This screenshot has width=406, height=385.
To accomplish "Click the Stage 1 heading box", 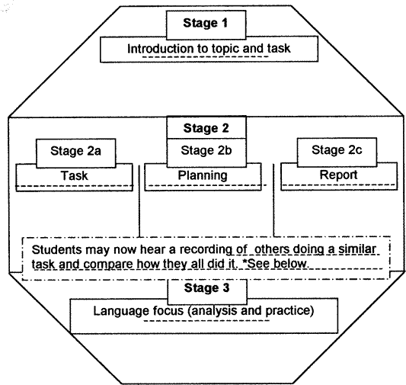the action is coord(206,25).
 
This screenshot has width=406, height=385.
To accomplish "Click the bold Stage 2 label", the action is coord(206,128).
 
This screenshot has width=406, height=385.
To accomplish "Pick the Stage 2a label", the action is coord(75,151).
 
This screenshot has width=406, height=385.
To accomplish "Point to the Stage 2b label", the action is coord(206,150).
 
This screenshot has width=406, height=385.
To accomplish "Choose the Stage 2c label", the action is coord(337,149).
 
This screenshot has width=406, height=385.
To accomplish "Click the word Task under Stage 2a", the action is coord(75,175).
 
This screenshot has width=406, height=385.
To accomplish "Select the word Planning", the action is coord(203,175).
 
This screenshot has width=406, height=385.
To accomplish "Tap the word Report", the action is coord(338,175).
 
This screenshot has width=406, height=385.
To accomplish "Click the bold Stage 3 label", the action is coord(206,288).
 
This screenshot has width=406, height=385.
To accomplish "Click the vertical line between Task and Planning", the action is coord(139,201).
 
